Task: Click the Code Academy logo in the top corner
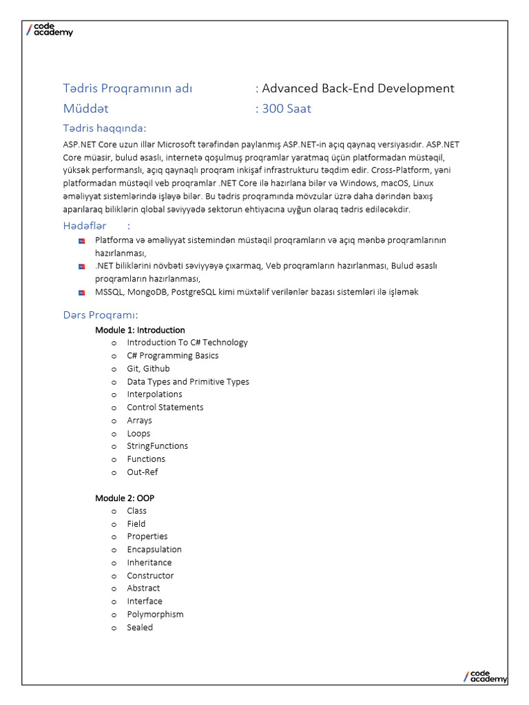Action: [49, 30]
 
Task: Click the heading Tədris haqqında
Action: [105, 129]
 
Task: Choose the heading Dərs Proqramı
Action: [101, 315]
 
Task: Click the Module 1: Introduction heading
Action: [140, 330]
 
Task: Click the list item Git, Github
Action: [148, 368]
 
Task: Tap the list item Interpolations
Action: [154, 394]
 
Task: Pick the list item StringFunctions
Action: [157, 446]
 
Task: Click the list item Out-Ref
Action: [142, 472]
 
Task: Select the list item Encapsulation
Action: [154, 549]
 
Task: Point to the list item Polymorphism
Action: [155, 614]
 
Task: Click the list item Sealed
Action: [140, 627]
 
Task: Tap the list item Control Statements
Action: [165, 407]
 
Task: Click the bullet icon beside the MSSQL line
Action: [81, 292]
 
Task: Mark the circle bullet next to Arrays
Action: [114, 421]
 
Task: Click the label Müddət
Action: [86, 108]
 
